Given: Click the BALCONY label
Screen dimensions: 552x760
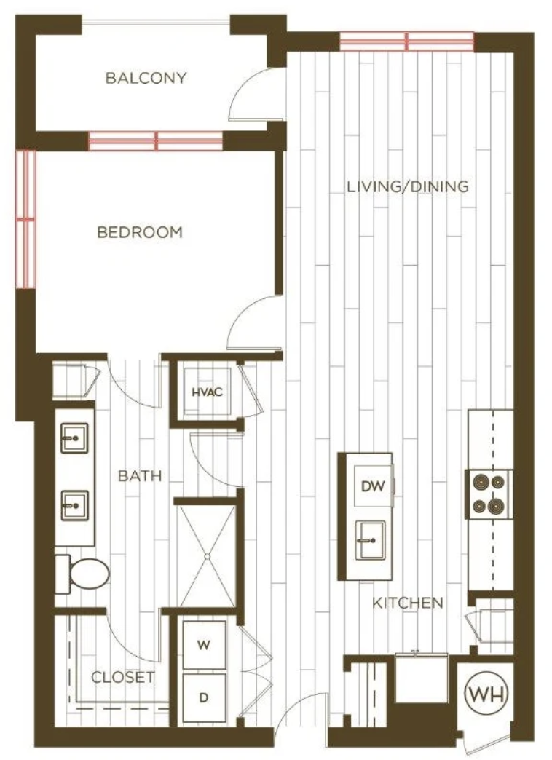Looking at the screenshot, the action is (146, 78).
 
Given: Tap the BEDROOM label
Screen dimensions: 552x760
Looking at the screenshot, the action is (140, 232).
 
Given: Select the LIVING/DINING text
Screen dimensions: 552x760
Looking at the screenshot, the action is (408, 186).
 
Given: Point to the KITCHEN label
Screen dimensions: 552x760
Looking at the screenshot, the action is (408, 603).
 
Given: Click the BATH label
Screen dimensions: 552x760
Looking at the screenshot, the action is (140, 475).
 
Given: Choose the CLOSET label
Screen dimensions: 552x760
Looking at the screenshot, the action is (123, 677).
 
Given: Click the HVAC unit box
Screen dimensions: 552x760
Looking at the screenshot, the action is (207, 392).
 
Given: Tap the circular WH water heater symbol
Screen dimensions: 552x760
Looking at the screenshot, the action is (486, 694).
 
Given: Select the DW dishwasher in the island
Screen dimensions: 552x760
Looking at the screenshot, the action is (373, 486).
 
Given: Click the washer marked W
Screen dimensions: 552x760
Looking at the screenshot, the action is (204, 645).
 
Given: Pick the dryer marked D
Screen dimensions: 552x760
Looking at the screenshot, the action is (204, 697).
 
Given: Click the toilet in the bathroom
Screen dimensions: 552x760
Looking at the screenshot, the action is (82, 574).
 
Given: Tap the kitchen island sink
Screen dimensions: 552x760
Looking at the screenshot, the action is (370, 540).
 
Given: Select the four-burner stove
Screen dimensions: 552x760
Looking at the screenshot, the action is (489, 494).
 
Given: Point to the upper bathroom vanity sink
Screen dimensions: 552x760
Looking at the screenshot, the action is (74, 438).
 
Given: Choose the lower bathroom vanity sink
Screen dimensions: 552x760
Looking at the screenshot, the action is (74, 505).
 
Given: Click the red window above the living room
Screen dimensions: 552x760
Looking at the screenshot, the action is (406, 41).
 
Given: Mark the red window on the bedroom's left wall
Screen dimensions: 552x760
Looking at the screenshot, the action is (26, 220).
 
